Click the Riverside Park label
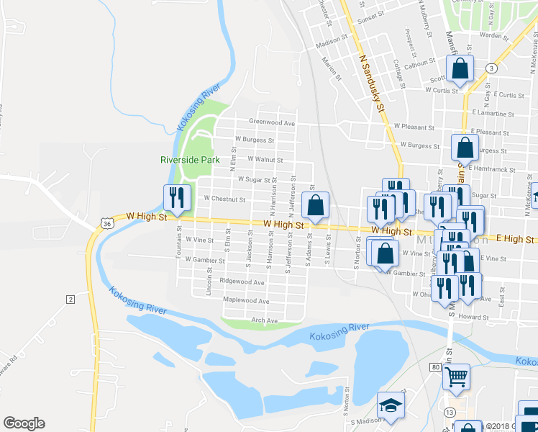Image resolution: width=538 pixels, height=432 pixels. pos(188,159)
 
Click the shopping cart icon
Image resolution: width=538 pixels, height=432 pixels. pos(456,376)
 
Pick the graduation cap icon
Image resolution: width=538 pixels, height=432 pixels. pos(391,406)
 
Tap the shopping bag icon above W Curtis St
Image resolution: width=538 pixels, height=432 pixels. pos(460,70)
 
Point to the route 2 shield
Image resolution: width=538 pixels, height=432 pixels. pos(70,298)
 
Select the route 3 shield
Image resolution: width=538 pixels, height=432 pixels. pos(491,68)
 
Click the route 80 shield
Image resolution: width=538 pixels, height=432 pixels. pos(436,367)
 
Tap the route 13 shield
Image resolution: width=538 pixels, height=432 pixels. pos(449,412)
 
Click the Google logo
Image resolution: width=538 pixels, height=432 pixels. pos(24,423)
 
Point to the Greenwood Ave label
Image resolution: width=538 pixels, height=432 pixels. pos(273,122)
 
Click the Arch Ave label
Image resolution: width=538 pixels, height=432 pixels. pos(264,320)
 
